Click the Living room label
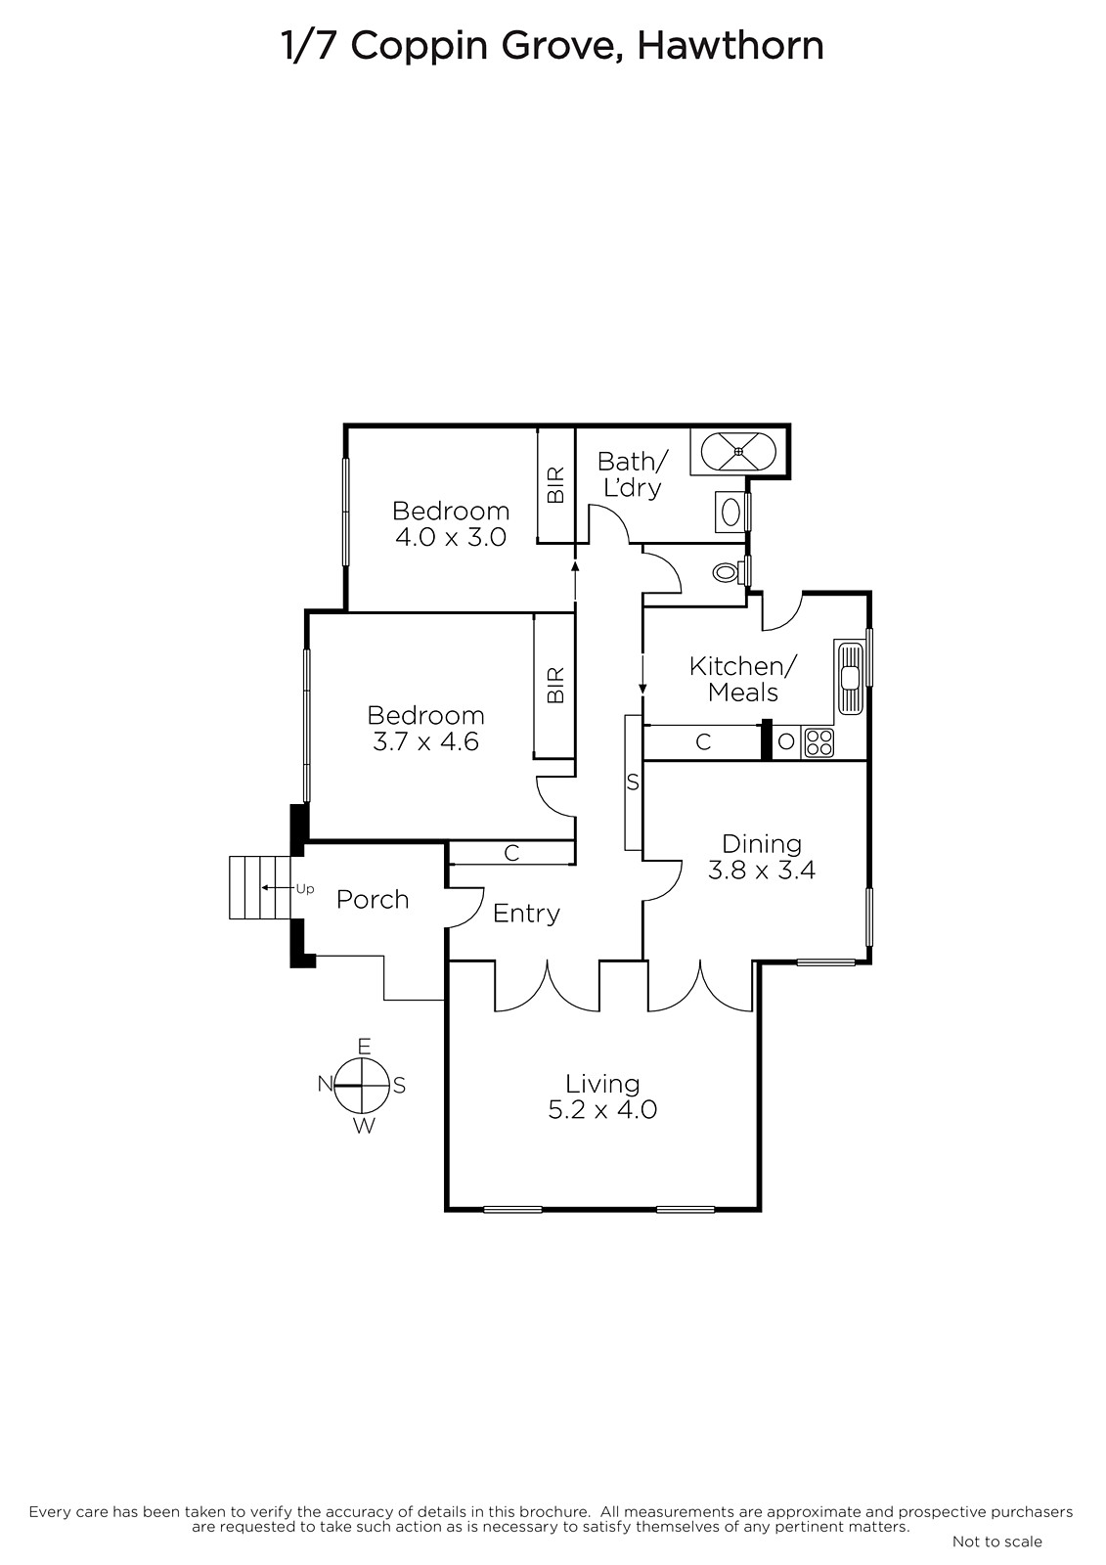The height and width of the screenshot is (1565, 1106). click(602, 1084)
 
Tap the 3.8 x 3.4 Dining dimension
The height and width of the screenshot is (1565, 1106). click(762, 871)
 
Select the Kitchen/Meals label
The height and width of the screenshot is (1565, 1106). click(742, 679)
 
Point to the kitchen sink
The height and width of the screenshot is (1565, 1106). click(849, 678)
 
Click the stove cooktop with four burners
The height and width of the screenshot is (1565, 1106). click(818, 742)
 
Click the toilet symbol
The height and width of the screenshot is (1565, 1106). click(730, 573)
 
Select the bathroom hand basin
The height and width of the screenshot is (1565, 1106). click(731, 513)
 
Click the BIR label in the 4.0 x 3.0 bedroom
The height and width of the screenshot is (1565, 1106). click(555, 485)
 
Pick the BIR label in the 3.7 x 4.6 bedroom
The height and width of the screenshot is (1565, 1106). click(554, 686)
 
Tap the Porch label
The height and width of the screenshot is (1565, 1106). click(373, 900)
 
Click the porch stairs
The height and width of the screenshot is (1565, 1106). click(260, 887)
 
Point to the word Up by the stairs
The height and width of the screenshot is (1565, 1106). click(305, 889)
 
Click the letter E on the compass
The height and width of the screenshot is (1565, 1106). click(364, 1046)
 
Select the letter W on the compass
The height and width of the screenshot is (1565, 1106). click(364, 1126)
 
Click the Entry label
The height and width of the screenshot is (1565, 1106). click(526, 914)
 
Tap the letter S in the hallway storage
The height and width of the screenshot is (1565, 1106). click(633, 783)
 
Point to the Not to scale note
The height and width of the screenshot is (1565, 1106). click(997, 1542)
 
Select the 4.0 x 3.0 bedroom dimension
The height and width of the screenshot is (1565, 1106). click(451, 537)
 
